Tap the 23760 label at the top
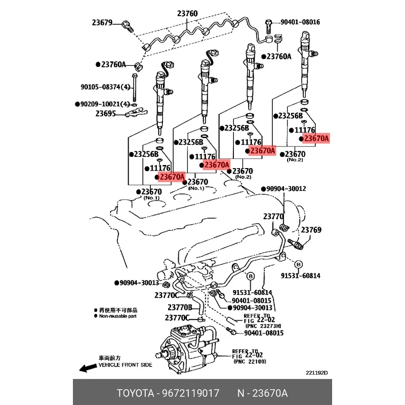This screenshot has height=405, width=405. point(188,13)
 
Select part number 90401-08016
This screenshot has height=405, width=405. point(299,22)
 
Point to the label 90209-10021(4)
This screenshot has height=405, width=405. point(105,104)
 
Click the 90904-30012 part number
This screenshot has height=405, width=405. point(286,189)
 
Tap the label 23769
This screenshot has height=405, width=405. point(311,230)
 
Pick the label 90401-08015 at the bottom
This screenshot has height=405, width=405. point(263,333)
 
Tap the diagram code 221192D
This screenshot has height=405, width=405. point(316,374)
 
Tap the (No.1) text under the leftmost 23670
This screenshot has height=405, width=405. point(152,198)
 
